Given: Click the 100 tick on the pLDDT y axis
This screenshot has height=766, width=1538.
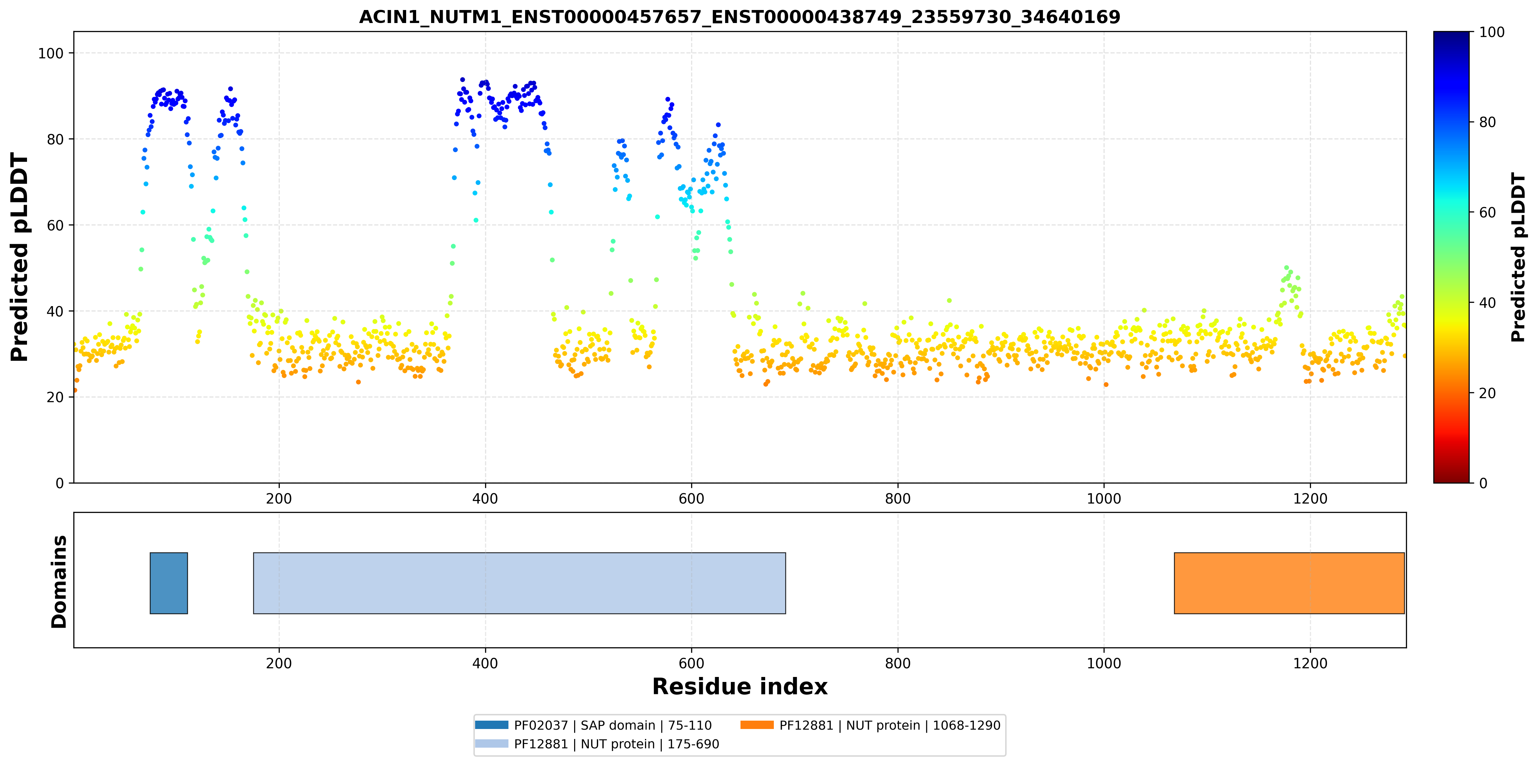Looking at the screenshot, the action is coord(51,53).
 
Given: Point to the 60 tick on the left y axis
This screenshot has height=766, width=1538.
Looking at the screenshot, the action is coord(55,225).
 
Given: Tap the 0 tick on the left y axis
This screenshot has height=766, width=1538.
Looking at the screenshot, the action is coord(60,483).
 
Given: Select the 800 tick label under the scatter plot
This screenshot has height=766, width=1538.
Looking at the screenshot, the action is coord(898,499).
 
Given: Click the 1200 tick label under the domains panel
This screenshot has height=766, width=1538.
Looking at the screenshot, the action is coord(1310,663).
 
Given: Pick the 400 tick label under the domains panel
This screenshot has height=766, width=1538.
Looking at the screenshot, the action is coord(485,663).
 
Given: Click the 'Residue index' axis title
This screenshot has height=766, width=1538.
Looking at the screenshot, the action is coord(740,687).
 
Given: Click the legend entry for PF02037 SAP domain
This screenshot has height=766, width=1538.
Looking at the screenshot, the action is coord(593,725).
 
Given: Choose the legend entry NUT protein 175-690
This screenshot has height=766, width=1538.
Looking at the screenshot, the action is coord(597,744).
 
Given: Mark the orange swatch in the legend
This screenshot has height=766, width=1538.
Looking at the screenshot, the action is coord(757,725).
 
